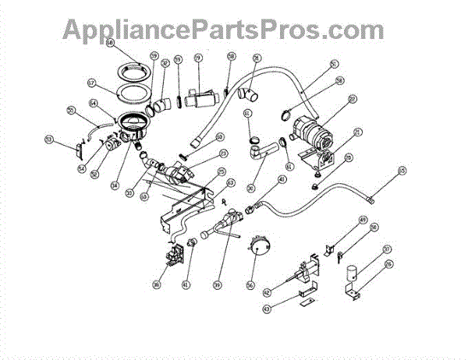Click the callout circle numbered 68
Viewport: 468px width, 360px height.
point(109,44)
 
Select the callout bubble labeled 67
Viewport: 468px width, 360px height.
point(90,82)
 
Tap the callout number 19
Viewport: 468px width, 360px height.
point(198,57)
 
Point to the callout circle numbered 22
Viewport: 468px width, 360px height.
point(353,99)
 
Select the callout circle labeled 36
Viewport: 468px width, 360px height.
point(156,285)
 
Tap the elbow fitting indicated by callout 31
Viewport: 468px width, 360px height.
point(251,95)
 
